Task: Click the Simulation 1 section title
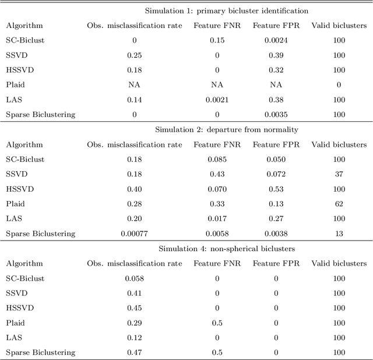point(226,10)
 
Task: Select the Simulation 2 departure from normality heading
point(226,129)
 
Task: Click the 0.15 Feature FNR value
point(217,40)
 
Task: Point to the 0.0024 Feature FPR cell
point(276,40)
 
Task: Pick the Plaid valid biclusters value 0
point(339,84)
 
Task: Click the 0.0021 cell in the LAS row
point(217,100)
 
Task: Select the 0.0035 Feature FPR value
point(276,114)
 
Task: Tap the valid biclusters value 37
point(339,174)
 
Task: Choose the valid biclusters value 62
point(339,204)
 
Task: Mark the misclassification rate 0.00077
point(135,234)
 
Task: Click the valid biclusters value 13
point(339,234)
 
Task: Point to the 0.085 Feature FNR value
point(217,159)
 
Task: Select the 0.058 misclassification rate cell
point(135,278)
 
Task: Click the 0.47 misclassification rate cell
point(135,352)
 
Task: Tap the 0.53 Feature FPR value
point(276,189)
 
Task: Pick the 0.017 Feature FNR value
point(217,218)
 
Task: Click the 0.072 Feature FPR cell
point(276,174)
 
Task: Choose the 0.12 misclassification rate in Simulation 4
point(135,338)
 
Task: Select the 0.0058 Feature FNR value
point(217,234)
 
